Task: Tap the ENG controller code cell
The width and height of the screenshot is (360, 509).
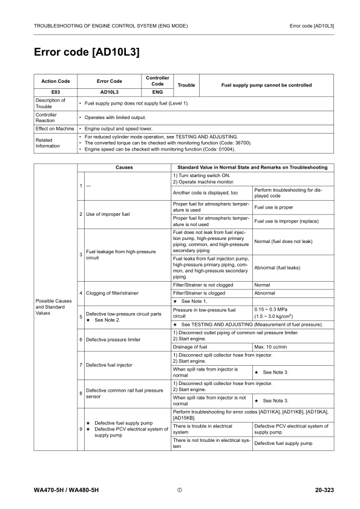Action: click(157, 92)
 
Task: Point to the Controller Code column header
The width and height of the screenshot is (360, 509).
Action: click(157, 81)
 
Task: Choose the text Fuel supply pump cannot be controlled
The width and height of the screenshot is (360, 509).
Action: click(266, 85)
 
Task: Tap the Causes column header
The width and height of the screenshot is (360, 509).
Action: click(123, 167)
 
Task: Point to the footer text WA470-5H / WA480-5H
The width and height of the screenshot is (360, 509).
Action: click(66, 488)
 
